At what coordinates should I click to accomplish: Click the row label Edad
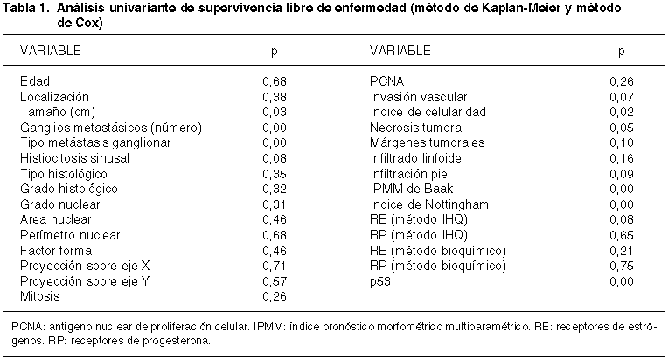coord(35,81)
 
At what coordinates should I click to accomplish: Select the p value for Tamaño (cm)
coord(275,113)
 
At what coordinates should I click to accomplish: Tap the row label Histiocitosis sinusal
coord(74,158)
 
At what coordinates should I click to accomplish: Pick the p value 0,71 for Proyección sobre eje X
coord(275,266)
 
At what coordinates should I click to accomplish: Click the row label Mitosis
coord(40,296)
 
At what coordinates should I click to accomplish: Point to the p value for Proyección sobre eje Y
coord(275,281)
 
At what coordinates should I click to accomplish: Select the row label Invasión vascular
coord(418,97)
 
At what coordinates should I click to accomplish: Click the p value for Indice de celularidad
coord(622,113)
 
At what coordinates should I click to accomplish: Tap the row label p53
coord(380,281)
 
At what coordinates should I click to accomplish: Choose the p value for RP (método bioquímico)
coord(622,266)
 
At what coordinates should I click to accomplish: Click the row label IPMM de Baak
coord(412,189)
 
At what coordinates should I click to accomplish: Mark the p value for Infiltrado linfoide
coord(622,158)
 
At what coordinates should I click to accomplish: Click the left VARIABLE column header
coord(50,51)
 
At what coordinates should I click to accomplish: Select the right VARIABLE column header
coord(400,51)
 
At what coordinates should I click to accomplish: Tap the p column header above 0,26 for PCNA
coord(621,52)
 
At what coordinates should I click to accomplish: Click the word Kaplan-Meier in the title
coord(520,8)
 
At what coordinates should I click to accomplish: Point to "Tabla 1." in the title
coord(26,8)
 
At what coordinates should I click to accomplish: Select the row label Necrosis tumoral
coord(417,128)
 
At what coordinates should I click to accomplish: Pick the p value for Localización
coord(275,97)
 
